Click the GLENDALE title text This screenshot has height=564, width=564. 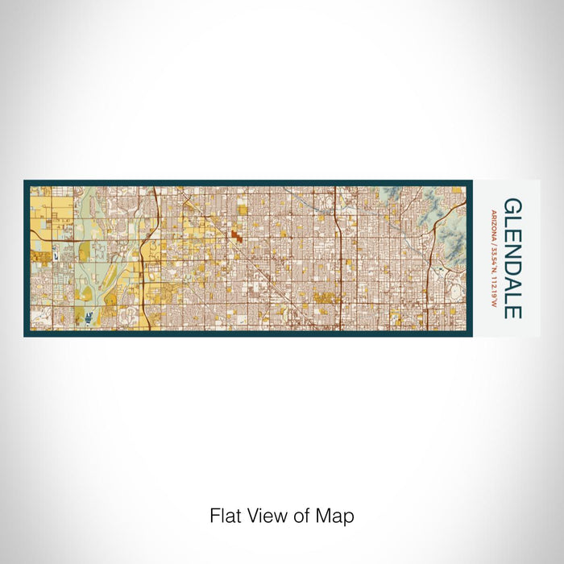pyautogui.click(x=512, y=259)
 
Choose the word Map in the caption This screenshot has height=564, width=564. pyautogui.click(x=338, y=516)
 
